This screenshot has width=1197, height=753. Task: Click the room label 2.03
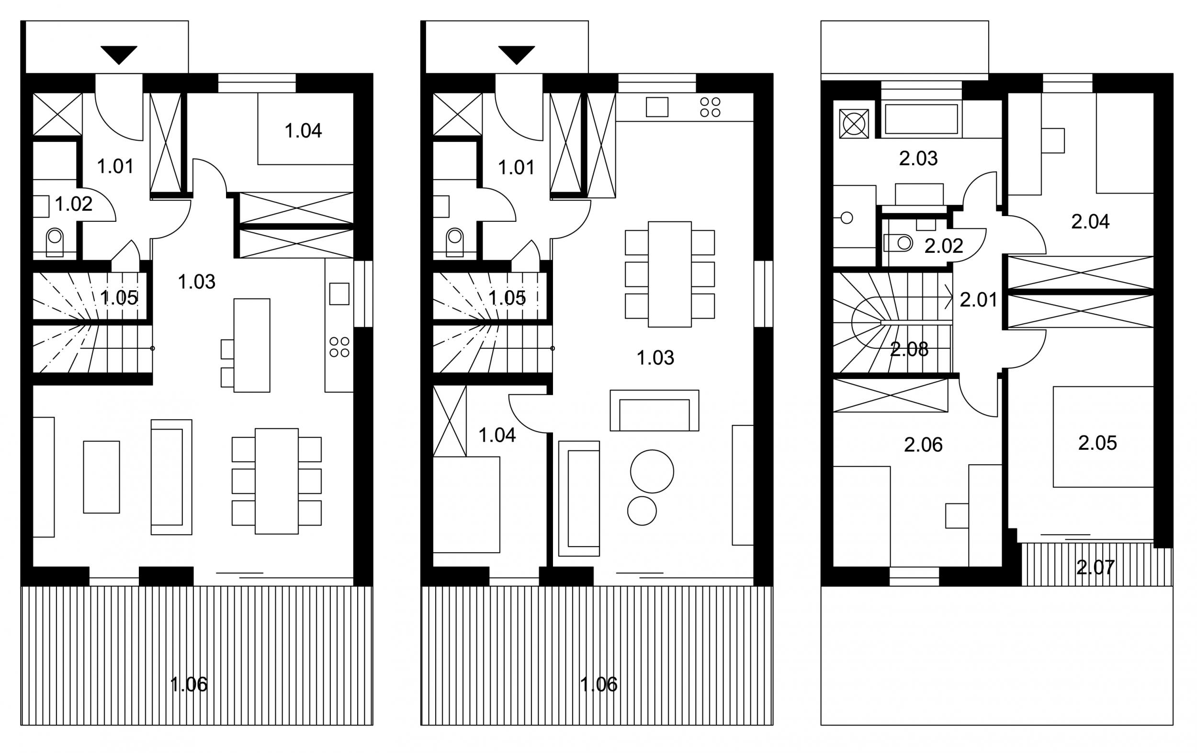tap(918, 158)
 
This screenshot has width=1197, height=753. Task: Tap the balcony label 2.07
tap(1095, 567)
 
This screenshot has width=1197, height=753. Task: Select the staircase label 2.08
tap(909, 350)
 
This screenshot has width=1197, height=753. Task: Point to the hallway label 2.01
tap(978, 300)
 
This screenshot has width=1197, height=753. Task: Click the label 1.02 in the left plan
tap(74, 204)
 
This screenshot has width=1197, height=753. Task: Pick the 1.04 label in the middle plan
tap(497, 435)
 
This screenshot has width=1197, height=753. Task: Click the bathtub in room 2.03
tap(921, 119)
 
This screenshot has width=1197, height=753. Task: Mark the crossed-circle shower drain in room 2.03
tap(854, 124)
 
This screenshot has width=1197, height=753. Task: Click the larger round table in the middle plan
tap(652, 471)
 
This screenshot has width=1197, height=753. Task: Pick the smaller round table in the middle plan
tap(642, 511)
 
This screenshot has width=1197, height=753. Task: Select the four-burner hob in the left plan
tap(339, 347)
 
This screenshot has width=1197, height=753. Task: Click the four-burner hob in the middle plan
tap(710, 107)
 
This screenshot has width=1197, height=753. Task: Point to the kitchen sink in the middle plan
tap(656, 107)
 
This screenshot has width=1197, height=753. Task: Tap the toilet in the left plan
tap(55, 243)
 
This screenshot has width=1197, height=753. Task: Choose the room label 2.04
tap(1090, 222)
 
